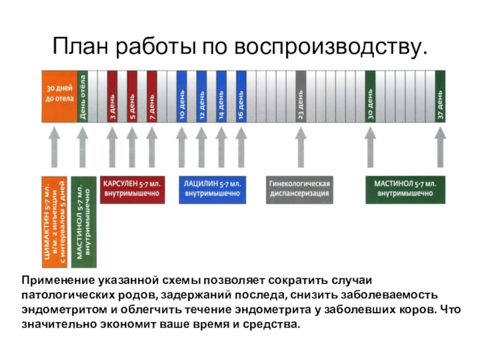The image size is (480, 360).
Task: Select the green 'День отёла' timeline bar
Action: point(83,96)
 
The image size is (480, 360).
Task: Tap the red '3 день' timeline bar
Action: point(112,96)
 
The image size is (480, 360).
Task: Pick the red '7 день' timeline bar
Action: point(152,96)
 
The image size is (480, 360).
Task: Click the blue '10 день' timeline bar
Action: point(181,96)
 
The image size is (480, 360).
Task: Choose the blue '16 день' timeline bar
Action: point(241,96)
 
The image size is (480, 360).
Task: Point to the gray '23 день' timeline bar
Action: point(301,96)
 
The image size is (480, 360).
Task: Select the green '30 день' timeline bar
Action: point(370,96)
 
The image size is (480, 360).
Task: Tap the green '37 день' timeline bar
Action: point(440,96)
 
